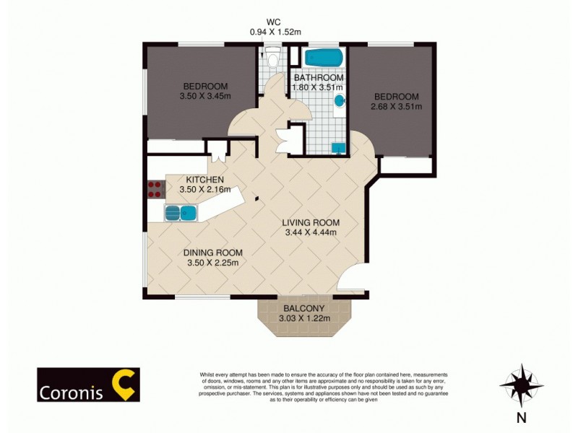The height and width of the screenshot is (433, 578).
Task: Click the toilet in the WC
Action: click(272, 58)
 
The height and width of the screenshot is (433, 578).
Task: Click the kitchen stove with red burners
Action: click(155, 189)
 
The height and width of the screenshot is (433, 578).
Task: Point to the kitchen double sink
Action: click(181, 212)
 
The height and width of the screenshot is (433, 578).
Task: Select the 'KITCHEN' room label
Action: click(204, 180)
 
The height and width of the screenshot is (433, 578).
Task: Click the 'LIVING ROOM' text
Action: click(311, 222)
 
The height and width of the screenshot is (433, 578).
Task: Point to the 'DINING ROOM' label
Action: click(212, 253)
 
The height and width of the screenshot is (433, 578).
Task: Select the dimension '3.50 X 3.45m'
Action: click(205, 95)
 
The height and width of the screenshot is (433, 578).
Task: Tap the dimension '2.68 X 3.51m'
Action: click(396, 107)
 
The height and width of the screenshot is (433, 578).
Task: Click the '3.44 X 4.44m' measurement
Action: click(311, 232)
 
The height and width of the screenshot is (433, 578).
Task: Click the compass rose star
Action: click(521, 386)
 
